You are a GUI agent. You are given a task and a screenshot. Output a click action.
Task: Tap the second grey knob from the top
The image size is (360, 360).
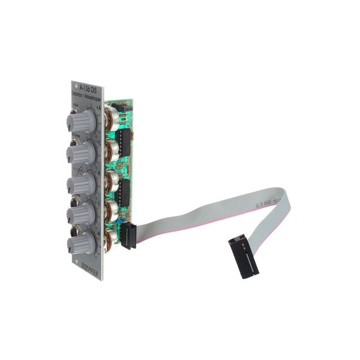[x=81, y=153]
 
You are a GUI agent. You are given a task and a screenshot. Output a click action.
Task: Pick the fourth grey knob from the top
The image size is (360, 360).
[x=81, y=214]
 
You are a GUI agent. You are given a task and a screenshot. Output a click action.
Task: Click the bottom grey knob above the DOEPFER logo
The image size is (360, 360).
[x=81, y=243]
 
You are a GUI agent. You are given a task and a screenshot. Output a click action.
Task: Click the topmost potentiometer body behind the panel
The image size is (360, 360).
[x=110, y=115]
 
